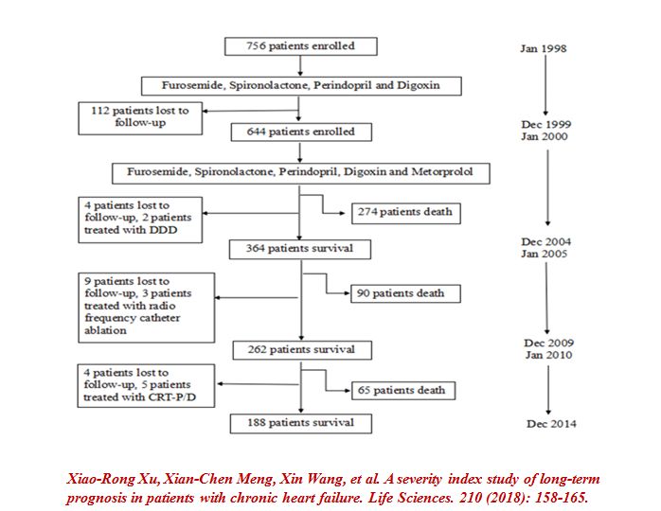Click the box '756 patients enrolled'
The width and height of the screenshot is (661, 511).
300,45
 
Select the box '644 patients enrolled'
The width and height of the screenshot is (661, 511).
300,132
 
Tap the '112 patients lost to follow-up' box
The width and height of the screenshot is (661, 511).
142,116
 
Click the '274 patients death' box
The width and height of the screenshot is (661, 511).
402,212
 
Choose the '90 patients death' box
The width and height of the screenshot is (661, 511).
402,292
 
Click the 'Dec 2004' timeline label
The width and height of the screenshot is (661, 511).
547,242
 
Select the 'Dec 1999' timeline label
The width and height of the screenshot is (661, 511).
547,124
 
